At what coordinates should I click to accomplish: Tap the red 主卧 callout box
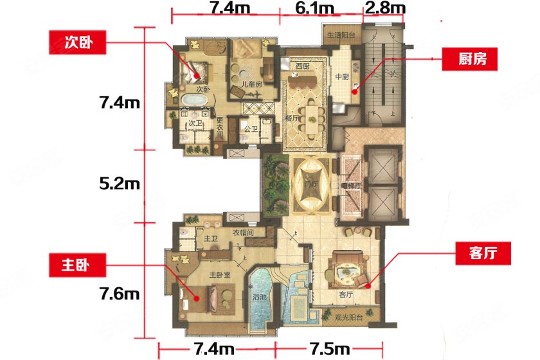pyautogui.click(x=76, y=264)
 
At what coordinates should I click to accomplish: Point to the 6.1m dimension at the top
pyautogui.click(x=314, y=9)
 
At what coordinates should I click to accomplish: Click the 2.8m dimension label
pyautogui.click(x=385, y=9)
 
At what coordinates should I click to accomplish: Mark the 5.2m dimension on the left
pyautogui.click(x=120, y=184)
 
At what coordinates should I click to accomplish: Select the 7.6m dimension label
pyautogui.click(x=120, y=294)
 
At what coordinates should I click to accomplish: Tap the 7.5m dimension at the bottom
pyautogui.click(x=330, y=349)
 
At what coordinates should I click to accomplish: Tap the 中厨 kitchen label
pyautogui.click(x=341, y=78)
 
